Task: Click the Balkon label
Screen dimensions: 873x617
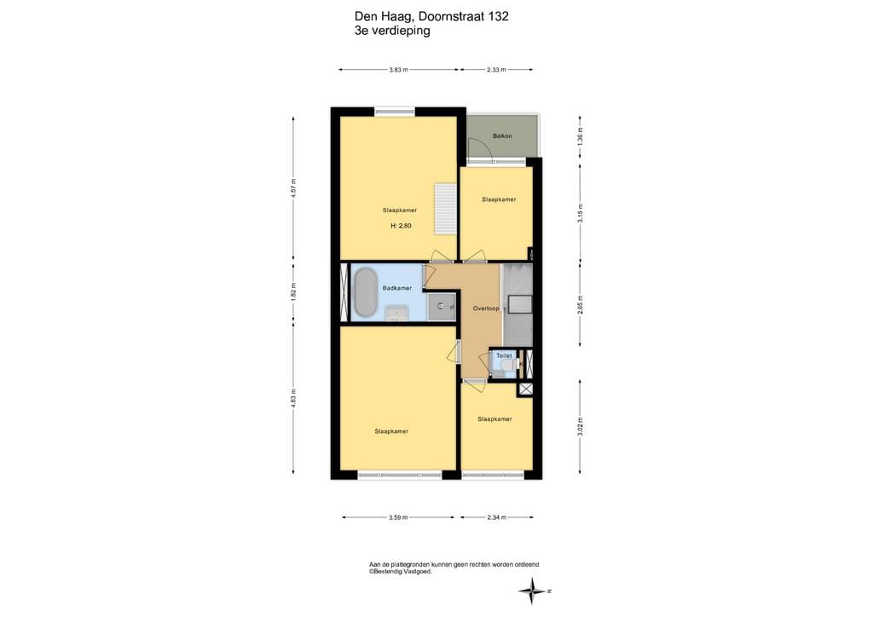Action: coord(502,136)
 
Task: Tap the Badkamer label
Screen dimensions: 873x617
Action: coord(397,288)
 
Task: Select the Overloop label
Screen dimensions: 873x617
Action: coord(485,308)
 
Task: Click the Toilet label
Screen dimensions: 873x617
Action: coord(504,355)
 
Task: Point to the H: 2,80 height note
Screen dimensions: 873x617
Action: coord(401,226)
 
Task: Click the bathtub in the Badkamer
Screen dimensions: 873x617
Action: coord(366,292)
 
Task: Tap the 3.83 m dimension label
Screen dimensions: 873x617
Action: coord(399,70)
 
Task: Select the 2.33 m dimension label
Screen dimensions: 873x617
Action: coord(496,70)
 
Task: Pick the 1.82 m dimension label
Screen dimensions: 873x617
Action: coord(293,292)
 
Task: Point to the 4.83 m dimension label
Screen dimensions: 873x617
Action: coord(293,398)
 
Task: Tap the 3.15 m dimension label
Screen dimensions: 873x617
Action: coord(580,212)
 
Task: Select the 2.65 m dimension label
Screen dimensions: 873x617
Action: coord(580,305)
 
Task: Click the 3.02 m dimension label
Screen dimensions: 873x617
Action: coord(580,426)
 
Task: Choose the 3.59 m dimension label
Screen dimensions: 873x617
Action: coord(398,517)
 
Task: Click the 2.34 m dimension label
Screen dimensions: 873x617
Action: coord(497,517)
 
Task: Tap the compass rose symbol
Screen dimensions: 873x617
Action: coord(532,591)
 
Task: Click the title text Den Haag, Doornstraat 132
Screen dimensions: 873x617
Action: coord(431,17)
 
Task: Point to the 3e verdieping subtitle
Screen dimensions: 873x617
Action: coord(392,32)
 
